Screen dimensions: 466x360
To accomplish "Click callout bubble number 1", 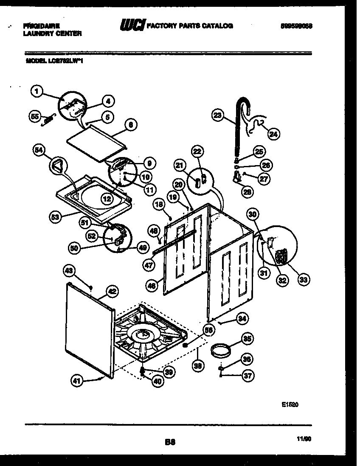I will click(x=37, y=90).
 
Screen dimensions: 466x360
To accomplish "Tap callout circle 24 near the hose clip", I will click(x=273, y=135).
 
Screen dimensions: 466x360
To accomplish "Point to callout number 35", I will click(x=247, y=339).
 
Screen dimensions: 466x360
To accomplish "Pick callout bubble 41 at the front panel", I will click(x=76, y=381).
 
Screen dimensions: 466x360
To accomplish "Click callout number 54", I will click(x=39, y=150).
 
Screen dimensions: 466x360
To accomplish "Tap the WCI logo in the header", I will click(x=132, y=26).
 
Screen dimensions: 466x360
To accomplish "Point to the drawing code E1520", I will click(x=290, y=405).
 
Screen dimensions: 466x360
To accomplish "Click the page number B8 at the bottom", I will click(x=170, y=442).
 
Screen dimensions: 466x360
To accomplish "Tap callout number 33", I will click(x=303, y=279).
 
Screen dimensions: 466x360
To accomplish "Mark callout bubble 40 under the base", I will click(x=157, y=381).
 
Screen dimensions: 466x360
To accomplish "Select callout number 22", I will click(x=198, y=152).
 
